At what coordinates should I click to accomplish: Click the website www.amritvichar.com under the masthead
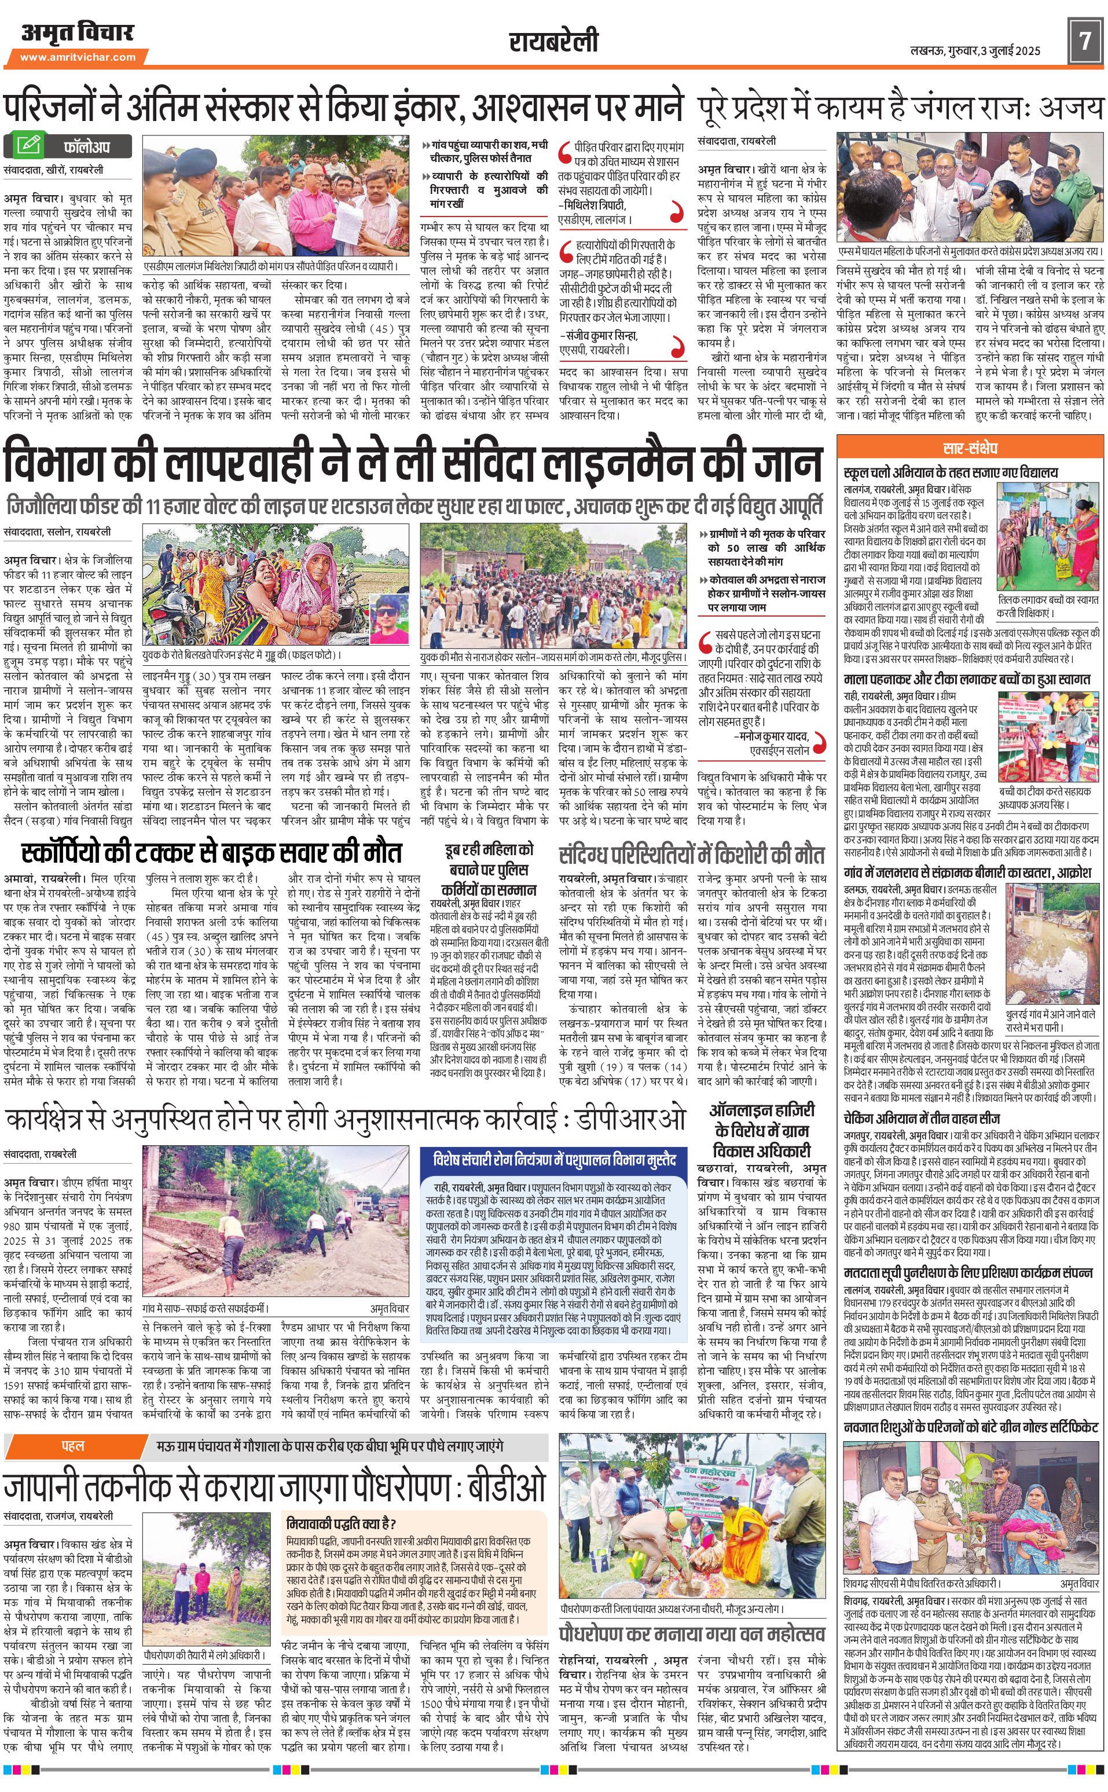click(77, 57)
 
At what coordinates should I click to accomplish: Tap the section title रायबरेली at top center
click(553, 41)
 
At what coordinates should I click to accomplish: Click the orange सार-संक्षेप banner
click(970, 448)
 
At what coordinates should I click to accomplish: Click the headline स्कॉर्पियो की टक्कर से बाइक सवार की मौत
click(212, 853)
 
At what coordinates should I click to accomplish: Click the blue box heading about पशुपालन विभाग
click(554, 1160)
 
